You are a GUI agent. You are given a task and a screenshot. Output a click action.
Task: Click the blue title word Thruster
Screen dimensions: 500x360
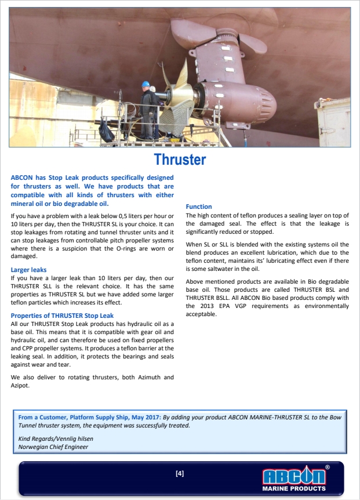[x=180, y=159]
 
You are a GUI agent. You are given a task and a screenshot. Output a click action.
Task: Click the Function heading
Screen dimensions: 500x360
[x=199, y=206]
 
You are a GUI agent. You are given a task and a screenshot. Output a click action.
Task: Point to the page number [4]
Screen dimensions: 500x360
[x=180, y=473]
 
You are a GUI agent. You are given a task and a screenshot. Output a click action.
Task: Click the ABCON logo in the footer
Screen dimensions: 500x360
[x=294, y=477]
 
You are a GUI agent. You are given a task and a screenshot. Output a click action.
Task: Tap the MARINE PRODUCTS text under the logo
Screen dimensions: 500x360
[x=294, y=488]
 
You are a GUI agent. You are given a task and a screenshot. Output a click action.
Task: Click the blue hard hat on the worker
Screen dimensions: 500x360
[x=146, y=84]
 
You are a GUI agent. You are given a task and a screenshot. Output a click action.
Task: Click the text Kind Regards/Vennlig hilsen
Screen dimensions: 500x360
[x=56, y=439]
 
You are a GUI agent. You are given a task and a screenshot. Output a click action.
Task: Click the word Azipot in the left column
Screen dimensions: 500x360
[x=21, y=385]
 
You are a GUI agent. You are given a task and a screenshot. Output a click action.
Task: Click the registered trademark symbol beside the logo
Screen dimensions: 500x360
[x=328, y=466]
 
